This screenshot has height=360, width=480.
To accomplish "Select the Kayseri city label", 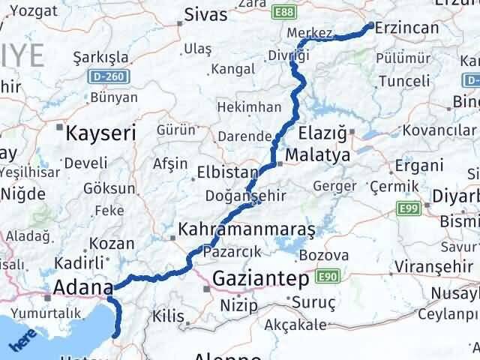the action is (101, 133).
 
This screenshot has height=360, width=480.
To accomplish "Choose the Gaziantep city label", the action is (261, 279).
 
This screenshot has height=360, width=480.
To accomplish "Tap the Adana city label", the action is (82, 286).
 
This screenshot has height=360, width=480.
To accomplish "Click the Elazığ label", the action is (320, 134).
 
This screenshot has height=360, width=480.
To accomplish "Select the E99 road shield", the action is (408, 207).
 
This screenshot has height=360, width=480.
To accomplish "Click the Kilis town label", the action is (167, 318).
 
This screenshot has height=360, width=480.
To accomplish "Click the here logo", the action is (22, 342).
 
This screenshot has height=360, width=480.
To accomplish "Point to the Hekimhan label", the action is (245, 108).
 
